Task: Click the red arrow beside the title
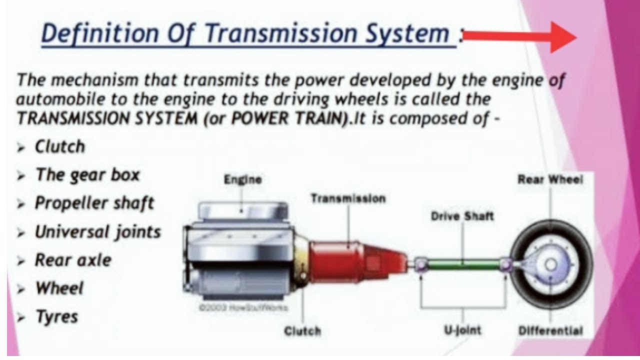coord(520,36)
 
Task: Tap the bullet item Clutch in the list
coord(59,147)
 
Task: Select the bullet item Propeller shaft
coord(94,203)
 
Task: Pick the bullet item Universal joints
coord(97,232)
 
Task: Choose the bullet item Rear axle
coord(72,260)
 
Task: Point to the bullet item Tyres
coord(56,317)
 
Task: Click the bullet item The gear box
coord(87,175)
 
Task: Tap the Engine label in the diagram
coord(242,179)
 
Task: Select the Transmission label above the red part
coord(348,198)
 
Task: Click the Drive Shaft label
coord(462,216)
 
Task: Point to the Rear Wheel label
coord(550,180)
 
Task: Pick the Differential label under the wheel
coord(550,330)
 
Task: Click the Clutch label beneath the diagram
coord(302,330)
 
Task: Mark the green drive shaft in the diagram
coord(462,263)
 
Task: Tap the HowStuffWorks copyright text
coord(243,308)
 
